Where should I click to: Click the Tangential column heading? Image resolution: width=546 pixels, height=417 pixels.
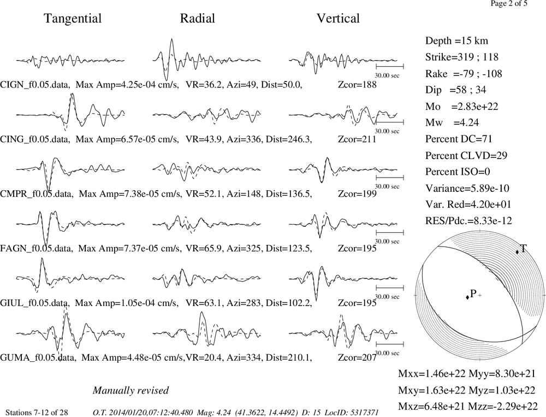click(x=73, y=19)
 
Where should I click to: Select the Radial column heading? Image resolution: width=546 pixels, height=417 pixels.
click(x=198, y=18)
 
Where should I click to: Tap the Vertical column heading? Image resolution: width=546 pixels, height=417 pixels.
click(x=338, y=18)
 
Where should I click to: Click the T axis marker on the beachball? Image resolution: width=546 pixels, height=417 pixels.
click(x=518, y=252)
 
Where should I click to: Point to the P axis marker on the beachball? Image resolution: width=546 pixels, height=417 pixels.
click(x=467, y=297)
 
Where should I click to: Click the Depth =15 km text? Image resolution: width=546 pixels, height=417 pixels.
click(x=456, y=41)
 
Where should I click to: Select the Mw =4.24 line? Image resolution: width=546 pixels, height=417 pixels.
click(x=452, y=122)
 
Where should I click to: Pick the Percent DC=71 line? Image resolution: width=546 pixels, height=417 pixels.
click(x=459, y=139)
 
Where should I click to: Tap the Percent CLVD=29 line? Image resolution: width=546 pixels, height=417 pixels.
click(x=466, y=155)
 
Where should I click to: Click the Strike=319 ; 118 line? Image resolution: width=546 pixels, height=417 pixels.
click(x=462, y=57)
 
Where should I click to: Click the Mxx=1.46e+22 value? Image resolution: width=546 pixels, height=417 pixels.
click(x=432, y=373)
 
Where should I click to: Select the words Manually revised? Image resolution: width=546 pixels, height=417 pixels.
click(x=130, y=390)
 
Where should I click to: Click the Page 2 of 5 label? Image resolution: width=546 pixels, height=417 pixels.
click(x=509, y=3)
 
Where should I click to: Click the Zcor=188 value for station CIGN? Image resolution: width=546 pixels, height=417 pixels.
click(x=357, y=85)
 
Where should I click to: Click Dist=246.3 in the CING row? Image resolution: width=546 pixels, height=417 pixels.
click(x=289, y=139)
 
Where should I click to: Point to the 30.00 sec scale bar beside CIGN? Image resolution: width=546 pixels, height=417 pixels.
click(x=390, y=66)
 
